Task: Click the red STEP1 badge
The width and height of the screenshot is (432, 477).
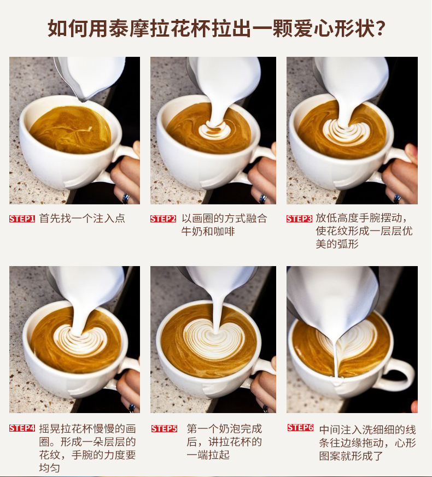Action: click(22, 219)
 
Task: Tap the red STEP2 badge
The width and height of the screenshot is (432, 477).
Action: click(163, 219)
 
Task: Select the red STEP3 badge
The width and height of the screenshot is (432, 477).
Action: click(299, 219)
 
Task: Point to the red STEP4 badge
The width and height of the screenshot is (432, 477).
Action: click(22, 428)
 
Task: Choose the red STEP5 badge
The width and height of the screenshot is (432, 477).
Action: click(164, 428)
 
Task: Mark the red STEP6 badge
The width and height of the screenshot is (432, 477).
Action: click(300, 428)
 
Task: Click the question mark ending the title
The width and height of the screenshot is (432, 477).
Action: click(380, 28)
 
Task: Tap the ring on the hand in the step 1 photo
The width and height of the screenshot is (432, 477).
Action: click(126, 198)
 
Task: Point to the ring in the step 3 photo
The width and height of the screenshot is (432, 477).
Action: click(397, 199)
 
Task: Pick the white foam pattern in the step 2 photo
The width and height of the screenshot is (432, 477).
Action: click(214, 131)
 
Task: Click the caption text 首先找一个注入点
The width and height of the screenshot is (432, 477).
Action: click(82, 219)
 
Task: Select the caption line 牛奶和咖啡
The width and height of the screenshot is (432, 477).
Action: click(208, 232)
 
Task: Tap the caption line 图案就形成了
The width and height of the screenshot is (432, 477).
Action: click(351, 456)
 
